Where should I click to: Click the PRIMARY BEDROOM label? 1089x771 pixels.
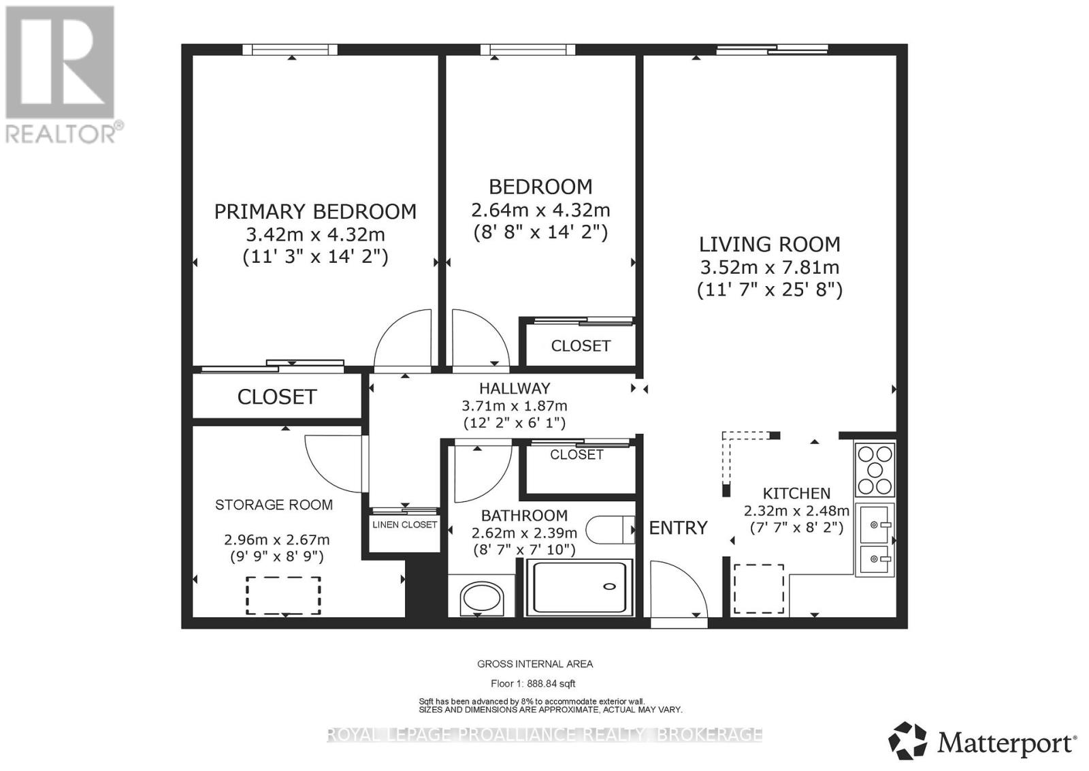coord(316,212)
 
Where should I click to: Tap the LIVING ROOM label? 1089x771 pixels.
coord(770,245)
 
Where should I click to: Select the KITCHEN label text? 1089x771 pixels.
coord(796,493)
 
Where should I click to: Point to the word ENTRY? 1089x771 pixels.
coord(678,528)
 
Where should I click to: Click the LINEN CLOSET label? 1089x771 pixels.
coord(404,525)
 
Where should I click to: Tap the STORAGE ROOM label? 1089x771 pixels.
coord(274,505)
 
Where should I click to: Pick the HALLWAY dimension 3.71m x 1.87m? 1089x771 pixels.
coord(515,406)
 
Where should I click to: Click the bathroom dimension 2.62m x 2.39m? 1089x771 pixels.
coord(524,533)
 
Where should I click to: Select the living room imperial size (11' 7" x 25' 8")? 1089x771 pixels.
coord(770,290)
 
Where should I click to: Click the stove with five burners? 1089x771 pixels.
coord(875,470)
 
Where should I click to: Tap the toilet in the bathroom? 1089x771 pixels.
coord(610,530)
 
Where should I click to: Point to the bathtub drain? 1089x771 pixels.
coord(609,586)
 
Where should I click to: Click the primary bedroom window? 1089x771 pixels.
coord(290,49)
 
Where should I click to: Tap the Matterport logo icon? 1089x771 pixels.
coord(907,741)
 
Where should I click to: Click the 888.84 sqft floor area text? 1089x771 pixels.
coord(533,683)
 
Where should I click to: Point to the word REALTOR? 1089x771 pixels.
coord(61,134)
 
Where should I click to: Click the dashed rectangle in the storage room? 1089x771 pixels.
coord(283,595)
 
